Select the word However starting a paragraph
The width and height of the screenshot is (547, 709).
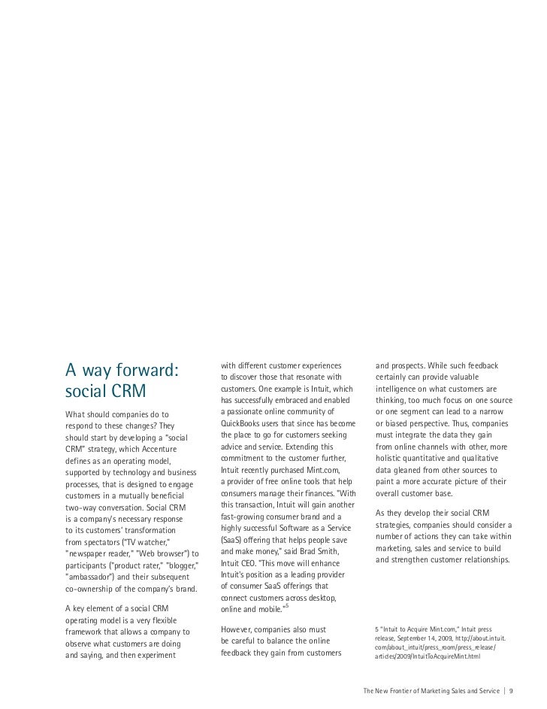[x=241, y=628]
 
